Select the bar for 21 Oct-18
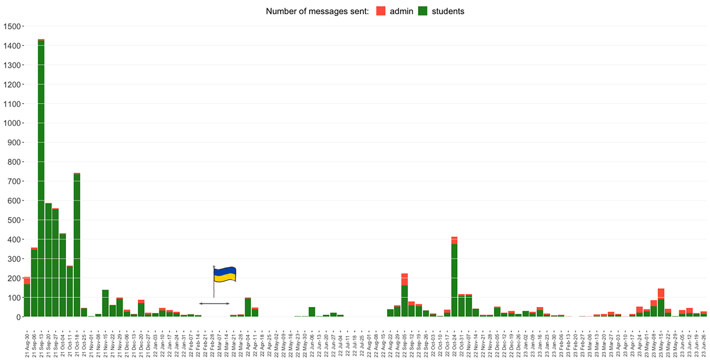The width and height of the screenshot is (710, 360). click(77, 245)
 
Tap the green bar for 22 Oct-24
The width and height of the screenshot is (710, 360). click(454, 279)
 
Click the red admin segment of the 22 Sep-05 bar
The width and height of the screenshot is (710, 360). click(404, 280)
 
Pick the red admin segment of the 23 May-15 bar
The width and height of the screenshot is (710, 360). click(661, 293)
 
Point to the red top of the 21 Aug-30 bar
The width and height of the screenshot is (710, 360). click(27, 280)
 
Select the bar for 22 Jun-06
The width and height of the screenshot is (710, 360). click(312, 312)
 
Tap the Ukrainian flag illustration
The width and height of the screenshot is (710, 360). click(224, 276)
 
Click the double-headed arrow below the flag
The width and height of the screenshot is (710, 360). click(214, 304)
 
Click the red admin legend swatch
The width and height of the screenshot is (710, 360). click(381, 11)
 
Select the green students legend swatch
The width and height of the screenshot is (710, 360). click(423, 11)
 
